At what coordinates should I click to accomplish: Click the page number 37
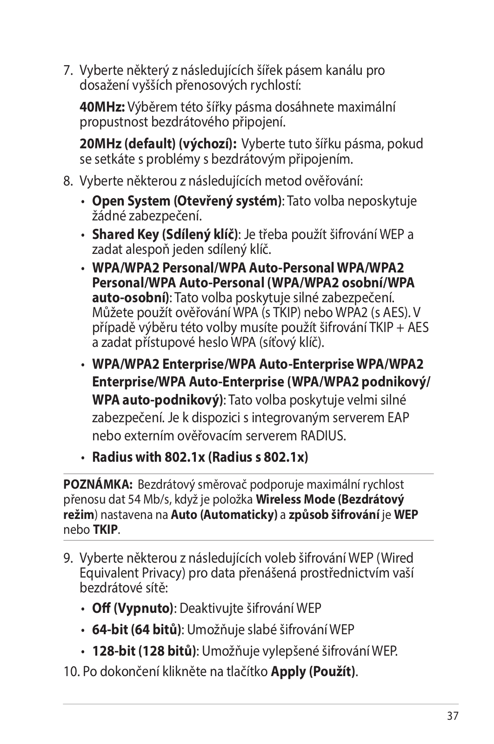point(453,716)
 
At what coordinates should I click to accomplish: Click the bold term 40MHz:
point(102,107)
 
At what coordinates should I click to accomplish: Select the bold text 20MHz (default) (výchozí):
point(159,144)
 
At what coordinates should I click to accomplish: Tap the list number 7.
point(69,71)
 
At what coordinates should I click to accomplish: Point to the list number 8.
point(69,180)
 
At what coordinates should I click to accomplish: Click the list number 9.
point(69,558)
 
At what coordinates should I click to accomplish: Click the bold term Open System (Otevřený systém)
point(187,201)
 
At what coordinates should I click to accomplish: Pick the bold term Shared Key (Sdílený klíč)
point(165,234)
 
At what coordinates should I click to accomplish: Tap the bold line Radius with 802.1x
point(200,457)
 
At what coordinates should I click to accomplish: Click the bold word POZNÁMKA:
point(98,485)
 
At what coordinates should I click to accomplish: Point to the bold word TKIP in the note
point(105,530)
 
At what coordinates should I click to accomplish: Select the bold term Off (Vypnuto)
point(133,608)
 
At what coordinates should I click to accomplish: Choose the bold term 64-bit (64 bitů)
point(137,630)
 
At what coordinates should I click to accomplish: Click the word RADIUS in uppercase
point(323,436)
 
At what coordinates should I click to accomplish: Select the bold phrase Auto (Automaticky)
point(224,515)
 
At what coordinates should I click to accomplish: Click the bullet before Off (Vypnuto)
point(83,609)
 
